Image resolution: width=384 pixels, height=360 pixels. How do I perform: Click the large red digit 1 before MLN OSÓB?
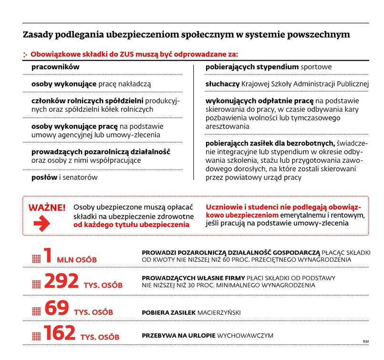coord(48,256)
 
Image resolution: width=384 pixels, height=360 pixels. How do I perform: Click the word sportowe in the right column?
coord(316,67)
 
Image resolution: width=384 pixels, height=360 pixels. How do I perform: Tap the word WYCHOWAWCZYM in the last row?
coord(246,336)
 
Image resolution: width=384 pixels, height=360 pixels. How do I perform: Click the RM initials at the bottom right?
coord(365,341)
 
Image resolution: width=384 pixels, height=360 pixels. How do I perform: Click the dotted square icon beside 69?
coord(37,311)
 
